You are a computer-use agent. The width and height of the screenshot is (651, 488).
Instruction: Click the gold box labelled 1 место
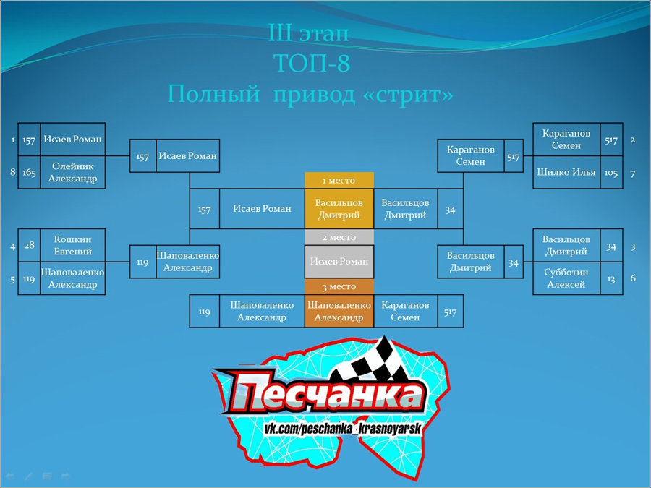point(339,181)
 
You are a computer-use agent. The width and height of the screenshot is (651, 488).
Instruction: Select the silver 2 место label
point(339,237)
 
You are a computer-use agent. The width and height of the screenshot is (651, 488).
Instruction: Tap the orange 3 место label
point(339,286)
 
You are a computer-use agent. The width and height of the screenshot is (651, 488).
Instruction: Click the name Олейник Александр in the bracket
point(72,172)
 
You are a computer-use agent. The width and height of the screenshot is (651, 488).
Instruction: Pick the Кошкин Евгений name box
point(72,245)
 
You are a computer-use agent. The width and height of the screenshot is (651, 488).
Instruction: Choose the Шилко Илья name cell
point(566,172)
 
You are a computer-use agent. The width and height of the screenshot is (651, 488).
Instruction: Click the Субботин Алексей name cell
point(566,278)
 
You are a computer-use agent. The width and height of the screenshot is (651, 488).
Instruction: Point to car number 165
point(29,172)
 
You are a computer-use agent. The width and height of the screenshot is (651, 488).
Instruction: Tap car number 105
point(611,172)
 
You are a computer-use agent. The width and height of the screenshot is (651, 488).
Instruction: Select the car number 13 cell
point(611,278)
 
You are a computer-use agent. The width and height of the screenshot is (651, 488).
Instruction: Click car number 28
point(29,245)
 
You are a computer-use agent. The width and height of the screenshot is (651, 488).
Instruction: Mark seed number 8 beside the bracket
point(13,172)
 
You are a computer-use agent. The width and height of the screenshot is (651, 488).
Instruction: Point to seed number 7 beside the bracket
point(633,174)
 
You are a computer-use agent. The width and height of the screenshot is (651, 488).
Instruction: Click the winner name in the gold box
point(339,209)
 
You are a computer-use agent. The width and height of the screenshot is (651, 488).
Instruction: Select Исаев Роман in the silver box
point(339,262)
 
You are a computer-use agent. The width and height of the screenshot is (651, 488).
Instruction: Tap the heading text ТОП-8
point(312,63)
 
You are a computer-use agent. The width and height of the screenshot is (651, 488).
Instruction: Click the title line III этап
point(308,33)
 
